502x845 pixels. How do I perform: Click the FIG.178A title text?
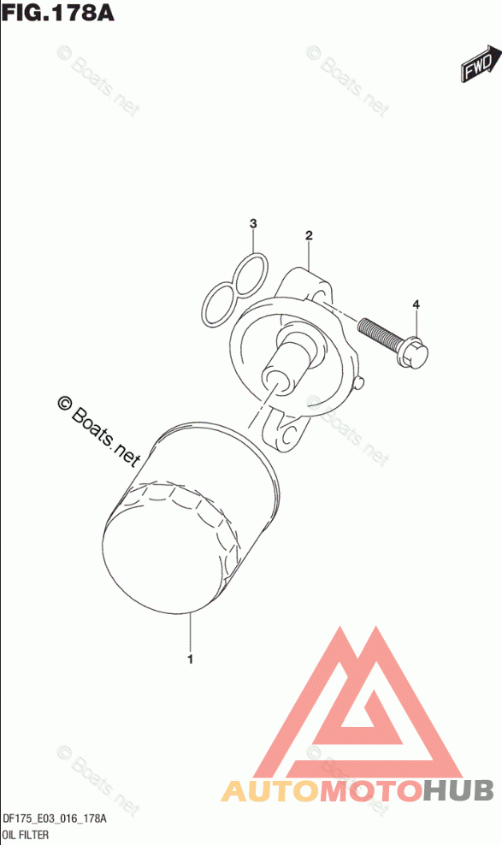(57, 12)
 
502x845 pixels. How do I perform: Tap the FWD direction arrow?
(476, 63)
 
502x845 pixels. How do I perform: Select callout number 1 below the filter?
(190, 659)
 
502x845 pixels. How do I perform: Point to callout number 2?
(309, 235)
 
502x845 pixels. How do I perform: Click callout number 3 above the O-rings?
(253, 223)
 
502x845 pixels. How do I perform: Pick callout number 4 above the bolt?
(416, 305)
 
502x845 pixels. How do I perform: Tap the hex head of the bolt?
(414, 354)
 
